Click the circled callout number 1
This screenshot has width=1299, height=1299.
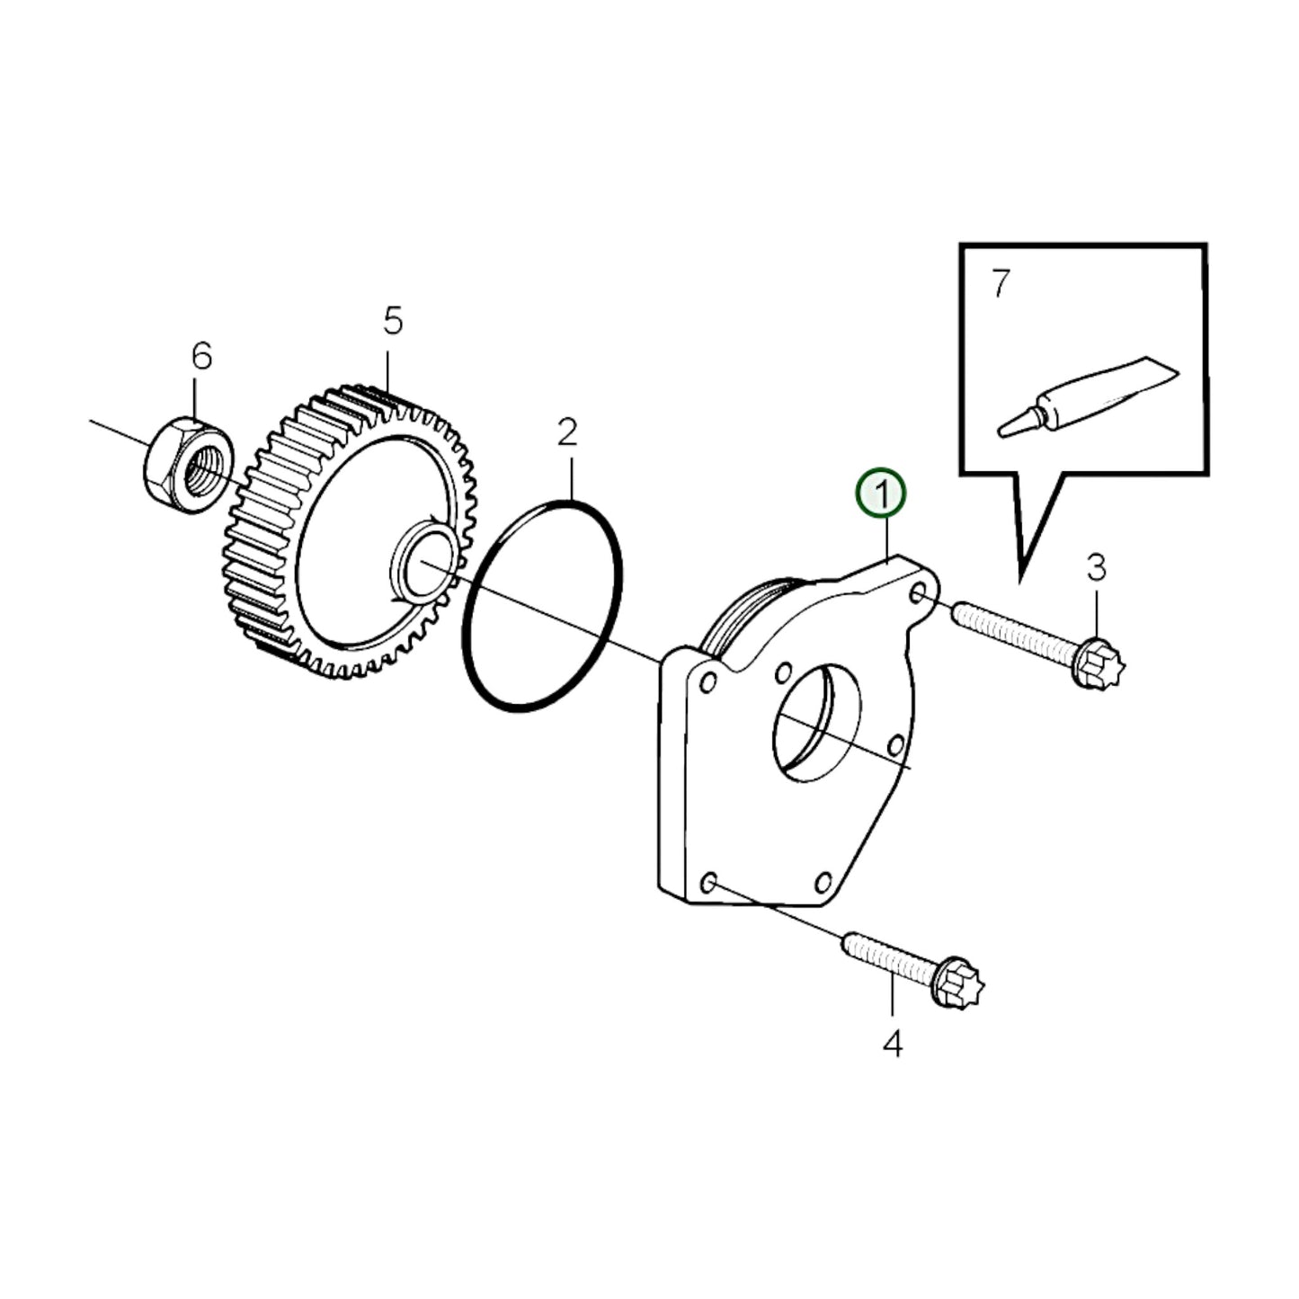pos(881,494)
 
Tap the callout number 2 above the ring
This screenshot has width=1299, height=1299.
pos(566,432)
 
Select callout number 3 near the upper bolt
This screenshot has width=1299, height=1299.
pos(1096,568)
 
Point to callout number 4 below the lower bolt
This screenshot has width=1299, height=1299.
pos(893,1044)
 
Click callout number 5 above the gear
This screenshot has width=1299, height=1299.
pos(393,320)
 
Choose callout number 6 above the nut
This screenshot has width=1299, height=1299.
pos(201,356)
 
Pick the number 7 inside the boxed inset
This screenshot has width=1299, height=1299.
pos(1001,284)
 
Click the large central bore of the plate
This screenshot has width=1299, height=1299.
pos(816,724)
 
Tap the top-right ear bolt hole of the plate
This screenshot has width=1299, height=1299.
pos(918,594)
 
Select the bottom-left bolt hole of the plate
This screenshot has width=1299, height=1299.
pos(708,884)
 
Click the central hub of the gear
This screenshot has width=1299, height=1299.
pos(421,565)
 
